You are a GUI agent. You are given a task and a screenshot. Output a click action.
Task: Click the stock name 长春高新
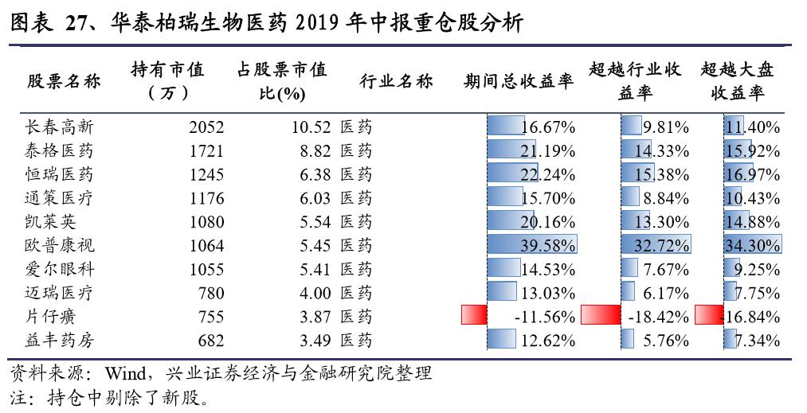60,127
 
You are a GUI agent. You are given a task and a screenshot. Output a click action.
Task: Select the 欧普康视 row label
60,246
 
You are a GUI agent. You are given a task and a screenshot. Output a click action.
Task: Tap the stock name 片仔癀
51,317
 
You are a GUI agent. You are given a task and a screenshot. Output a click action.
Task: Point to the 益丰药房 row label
60,341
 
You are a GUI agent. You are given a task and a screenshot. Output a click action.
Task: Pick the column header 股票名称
64,81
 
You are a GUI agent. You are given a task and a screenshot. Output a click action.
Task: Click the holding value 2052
206,127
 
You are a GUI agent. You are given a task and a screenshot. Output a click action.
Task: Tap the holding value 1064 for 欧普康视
206,246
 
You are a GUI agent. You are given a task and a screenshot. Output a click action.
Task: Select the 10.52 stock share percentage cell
311,127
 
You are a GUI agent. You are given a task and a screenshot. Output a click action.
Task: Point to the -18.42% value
658,317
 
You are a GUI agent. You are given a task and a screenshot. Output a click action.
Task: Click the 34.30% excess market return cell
753,246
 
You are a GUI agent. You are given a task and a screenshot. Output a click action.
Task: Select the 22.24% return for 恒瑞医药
547,174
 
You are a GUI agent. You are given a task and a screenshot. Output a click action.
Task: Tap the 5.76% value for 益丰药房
665,341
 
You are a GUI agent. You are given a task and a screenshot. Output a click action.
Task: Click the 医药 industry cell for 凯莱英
356,222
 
